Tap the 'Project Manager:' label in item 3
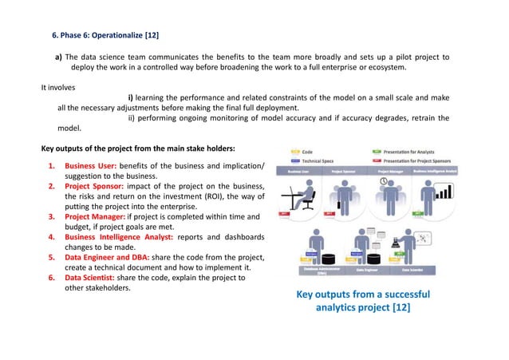coord(97,217)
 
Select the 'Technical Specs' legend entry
coord(319,160)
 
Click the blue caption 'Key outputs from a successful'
coord(362,295)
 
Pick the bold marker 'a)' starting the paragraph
coord(58,57)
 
